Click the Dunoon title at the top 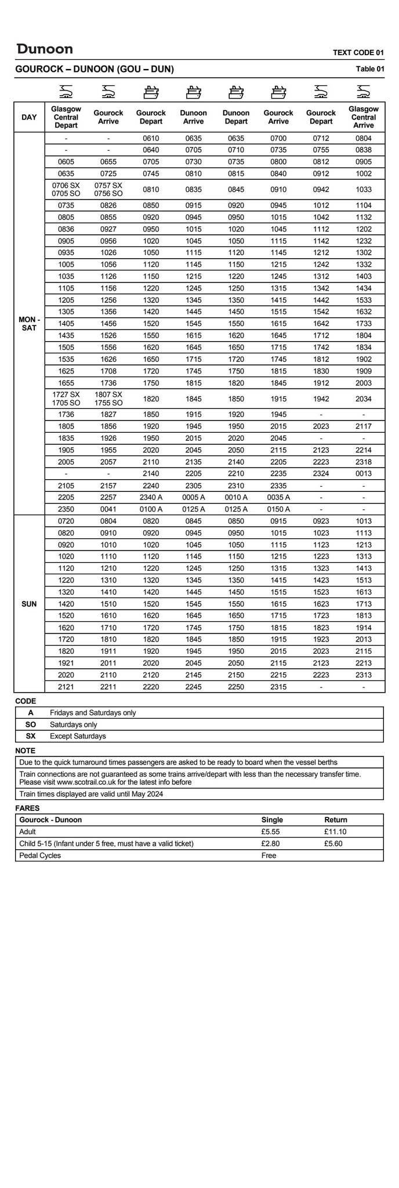45,49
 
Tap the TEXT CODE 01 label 358,53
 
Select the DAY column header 29,117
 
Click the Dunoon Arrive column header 193,117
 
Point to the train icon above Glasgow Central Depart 66,91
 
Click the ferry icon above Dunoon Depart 236,91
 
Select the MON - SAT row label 29,324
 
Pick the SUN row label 29,604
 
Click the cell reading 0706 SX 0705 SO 66,189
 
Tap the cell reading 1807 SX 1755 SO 108,399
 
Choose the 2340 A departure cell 151,497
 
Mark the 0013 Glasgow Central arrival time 364,473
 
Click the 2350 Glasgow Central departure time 66,509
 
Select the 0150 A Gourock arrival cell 278,509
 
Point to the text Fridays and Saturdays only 93,712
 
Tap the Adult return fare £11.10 336,831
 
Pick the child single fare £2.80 271,843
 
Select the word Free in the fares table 269,855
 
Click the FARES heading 27,807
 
